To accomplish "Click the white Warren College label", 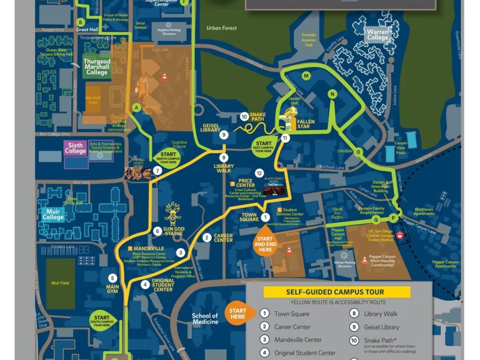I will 377,35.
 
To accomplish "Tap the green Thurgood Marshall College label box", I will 97,67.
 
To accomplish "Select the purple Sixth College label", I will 76,148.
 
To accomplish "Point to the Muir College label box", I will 53,214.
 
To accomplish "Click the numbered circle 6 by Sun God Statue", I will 157,231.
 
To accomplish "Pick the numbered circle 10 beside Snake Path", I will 244,116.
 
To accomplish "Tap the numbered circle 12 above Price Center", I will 259,173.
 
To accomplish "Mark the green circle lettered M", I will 306,75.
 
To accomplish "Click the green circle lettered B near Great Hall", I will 81,22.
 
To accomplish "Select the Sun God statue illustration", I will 173,213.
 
